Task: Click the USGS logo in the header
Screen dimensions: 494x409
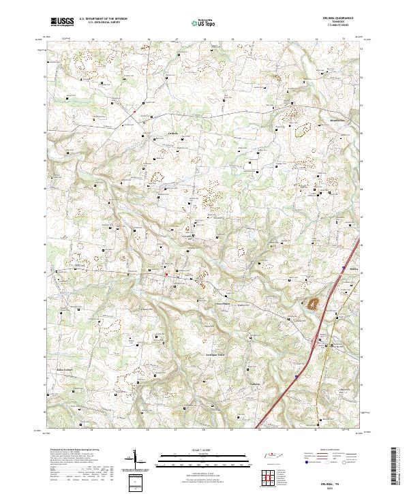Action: (62, 22)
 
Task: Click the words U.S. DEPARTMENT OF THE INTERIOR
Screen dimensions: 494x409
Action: (103, 19)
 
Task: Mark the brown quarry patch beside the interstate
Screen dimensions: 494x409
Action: (314, 304)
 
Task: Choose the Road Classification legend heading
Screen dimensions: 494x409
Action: (327, 450)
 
